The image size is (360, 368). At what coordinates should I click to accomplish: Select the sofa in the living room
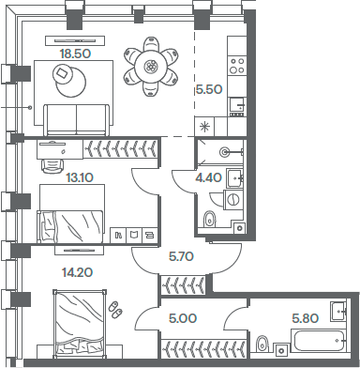(74, 119)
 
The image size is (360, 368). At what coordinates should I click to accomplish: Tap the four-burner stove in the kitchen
(237, 66)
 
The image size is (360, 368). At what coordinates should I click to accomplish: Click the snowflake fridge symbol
(205, 127)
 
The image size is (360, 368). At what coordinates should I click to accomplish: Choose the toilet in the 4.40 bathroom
(210, 219)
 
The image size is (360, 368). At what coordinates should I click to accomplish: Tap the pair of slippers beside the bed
(115, 310)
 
